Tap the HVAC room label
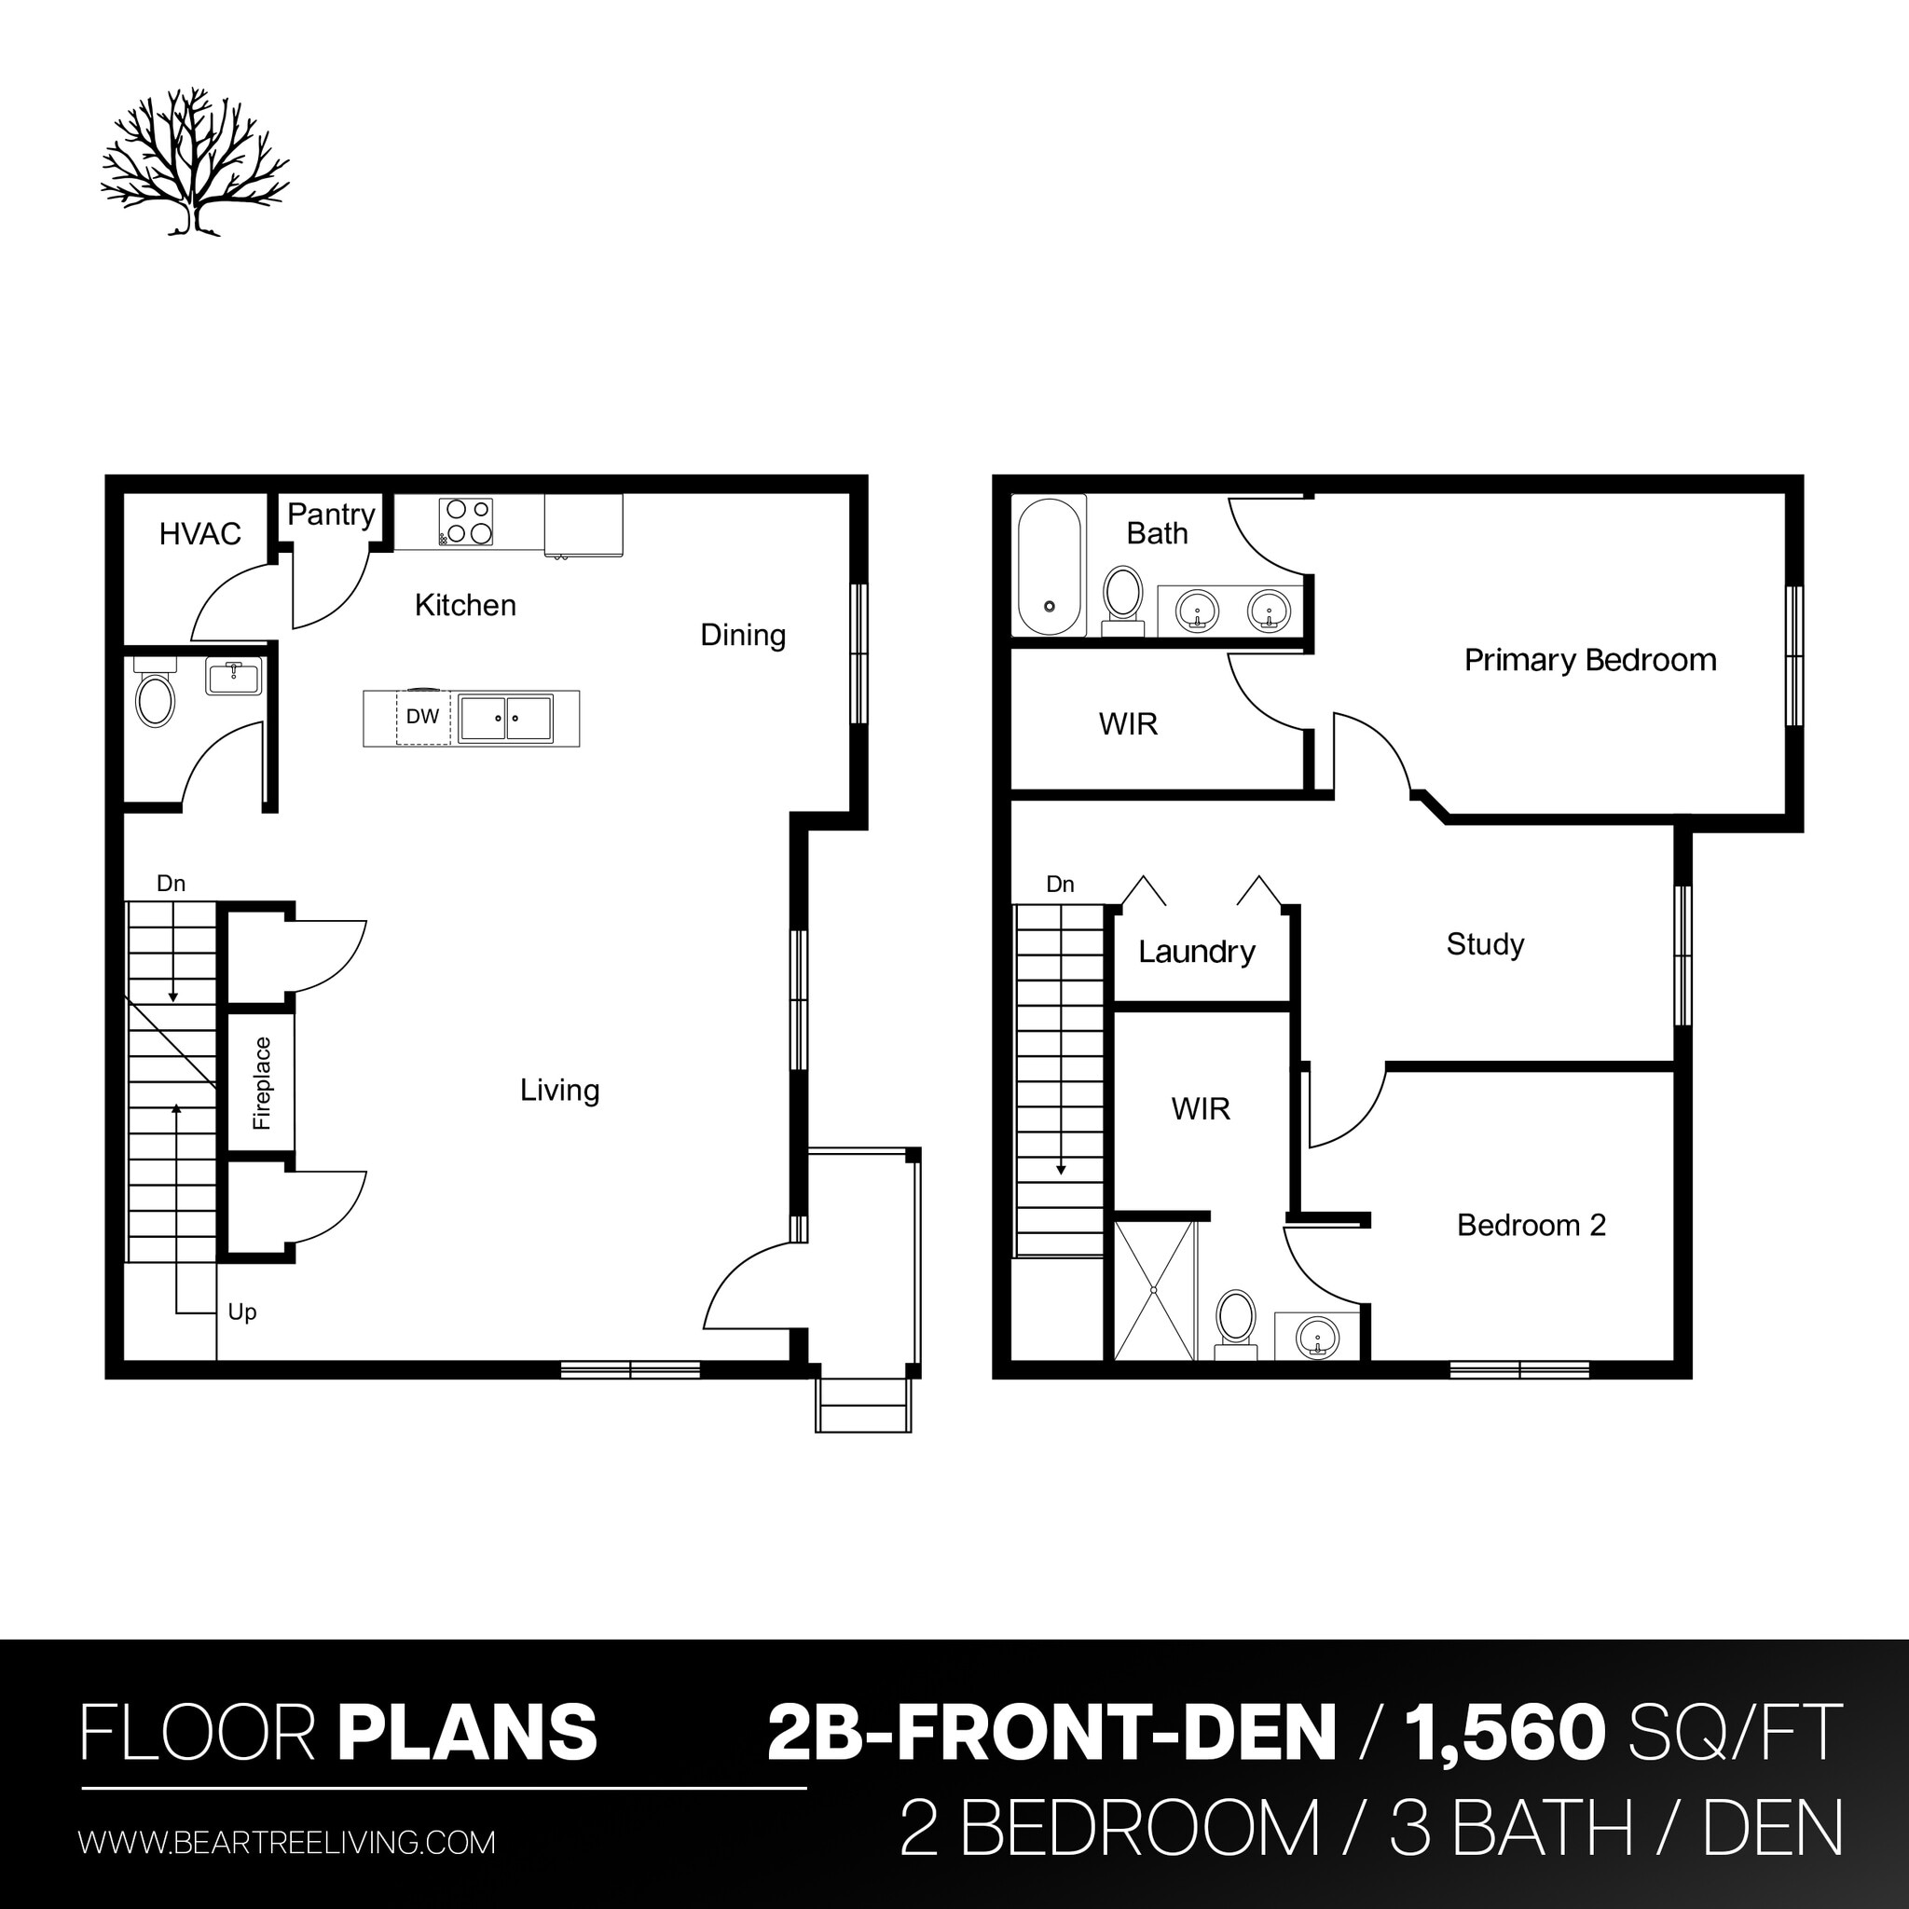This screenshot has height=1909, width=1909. pyautogui.click(x=199, y=533)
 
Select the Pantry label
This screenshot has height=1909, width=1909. pyautogui.click(x=331, y=514)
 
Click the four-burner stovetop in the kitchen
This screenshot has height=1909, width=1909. pyautogui.click(x=466, y=522)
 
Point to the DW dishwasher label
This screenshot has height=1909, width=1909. pyautogui.click(x=422, y=717)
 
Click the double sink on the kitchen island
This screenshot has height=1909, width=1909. pyautogui.click(x=505, y=718)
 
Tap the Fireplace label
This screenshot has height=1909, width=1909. pyautogui.click(x=262, y=1083)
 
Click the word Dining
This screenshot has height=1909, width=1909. pyautogui.click(x=743, y=636)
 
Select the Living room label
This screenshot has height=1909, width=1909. pyautogui.click(x=559, y=1090)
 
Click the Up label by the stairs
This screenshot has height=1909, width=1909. pyautogui.click(x=242, y=1312)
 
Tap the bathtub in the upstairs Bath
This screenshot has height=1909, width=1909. pyautogui.click(x=1050, y=566)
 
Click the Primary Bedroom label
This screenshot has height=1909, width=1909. pyautogui.click(x=1590, y=660)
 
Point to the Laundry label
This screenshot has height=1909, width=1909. pyautogui.click(x=1197, y=952)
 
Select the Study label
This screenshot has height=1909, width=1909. pyautogui.click(x=1485, y=943)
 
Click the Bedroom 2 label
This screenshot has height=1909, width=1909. pyautogui.click(x=1531, y=1225)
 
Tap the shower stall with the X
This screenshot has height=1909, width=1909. pyautogui.click(x=1154, y=1290)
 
